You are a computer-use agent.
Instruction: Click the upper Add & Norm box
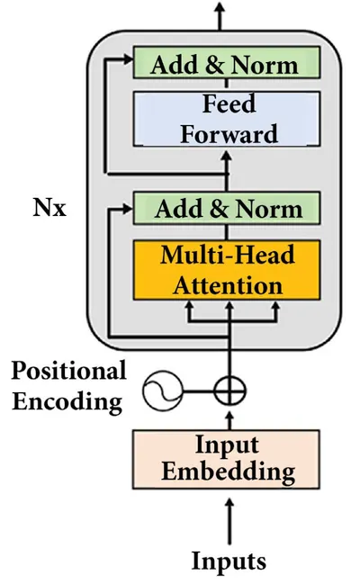(x=227, y=62)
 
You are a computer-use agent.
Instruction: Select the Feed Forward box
(x=227, y=119)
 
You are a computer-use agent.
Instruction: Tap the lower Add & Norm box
(x=227, y=208)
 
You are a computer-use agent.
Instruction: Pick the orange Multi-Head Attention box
(x=227, y=270)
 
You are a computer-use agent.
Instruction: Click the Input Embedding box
(x=226, y=459)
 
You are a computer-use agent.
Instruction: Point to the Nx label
(x=49, y=207)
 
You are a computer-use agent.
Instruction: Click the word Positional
(x=69, y=370)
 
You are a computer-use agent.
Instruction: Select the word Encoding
(x=67, y=402)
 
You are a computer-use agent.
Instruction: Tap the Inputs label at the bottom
(x=229, y=561)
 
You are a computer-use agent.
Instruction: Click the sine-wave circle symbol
(x=163, y=391)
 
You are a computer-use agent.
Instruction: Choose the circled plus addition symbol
(x=229, y=391)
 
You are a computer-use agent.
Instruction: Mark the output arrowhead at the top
(x=220, y=7)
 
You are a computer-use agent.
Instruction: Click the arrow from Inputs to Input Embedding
(x=229, y=521)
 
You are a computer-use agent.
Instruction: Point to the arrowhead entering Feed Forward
(x=226, y=154)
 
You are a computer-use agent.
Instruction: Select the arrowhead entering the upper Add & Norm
(x=128, y=58)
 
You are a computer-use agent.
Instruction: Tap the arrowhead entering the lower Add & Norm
(x=128, y=209)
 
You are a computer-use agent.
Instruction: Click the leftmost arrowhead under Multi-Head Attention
(x=189, y=306)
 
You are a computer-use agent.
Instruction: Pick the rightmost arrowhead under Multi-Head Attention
(x=275, y=306)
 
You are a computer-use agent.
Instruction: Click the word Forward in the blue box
(x=229, y=134)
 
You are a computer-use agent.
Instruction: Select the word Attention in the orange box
(x=228, y=285)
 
